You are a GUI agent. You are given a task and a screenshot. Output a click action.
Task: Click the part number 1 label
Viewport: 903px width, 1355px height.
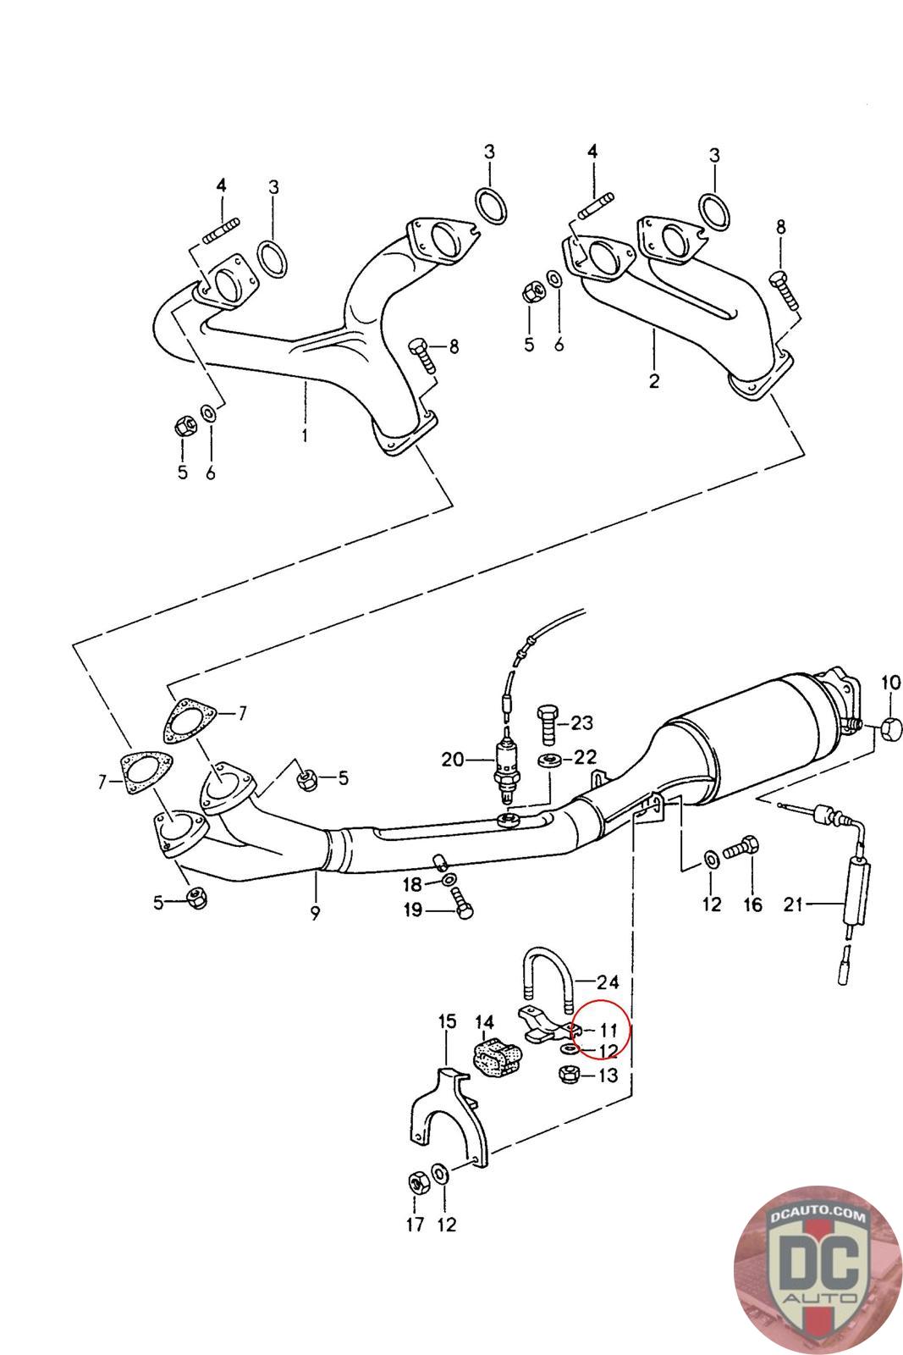(304, 437)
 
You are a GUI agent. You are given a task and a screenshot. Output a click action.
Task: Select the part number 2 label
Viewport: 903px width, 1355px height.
(654, 381)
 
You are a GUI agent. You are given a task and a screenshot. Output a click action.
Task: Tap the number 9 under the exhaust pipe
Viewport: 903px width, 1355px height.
(315, 914)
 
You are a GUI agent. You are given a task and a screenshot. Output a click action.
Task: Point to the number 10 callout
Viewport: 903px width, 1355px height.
(890, 682)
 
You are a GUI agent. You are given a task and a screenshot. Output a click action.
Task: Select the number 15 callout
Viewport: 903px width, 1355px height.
(447, 1020)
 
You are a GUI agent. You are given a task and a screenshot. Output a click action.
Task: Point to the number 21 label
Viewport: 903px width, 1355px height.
(793, 904)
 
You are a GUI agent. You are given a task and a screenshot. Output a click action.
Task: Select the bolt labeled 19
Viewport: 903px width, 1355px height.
(463, 907)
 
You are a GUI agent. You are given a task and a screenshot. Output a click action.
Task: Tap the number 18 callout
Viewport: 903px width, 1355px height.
(412, 885)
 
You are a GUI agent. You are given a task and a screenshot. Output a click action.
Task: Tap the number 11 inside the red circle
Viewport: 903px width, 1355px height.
(608, 1031)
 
